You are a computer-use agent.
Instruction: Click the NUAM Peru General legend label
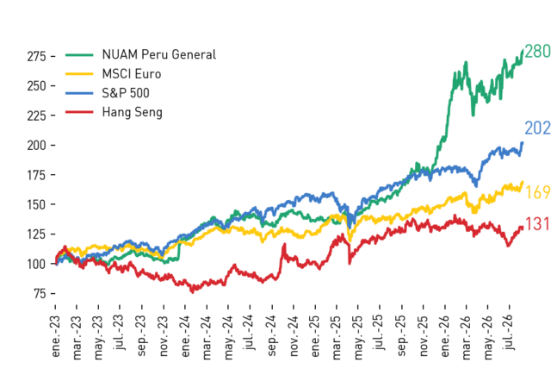pos(158,54)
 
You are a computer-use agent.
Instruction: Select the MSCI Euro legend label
pos(132,74)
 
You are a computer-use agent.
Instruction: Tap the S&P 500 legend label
pos(126,93)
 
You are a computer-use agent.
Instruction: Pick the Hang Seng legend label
pos(132,112)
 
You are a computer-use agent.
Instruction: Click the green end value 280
pos(537,52)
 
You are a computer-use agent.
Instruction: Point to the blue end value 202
pos(537,128)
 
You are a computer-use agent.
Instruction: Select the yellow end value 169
pos(537,192)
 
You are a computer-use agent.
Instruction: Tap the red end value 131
pos(537,224)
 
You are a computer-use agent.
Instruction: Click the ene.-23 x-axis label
pos(55,336)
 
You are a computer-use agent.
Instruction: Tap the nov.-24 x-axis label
pos(294,336)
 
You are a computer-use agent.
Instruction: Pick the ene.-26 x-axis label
pos(444,336)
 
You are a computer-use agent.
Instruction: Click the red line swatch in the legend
pos(79,112)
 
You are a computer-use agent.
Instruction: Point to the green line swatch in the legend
pos(79,55)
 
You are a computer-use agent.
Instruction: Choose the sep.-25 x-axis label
pos(401,336)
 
